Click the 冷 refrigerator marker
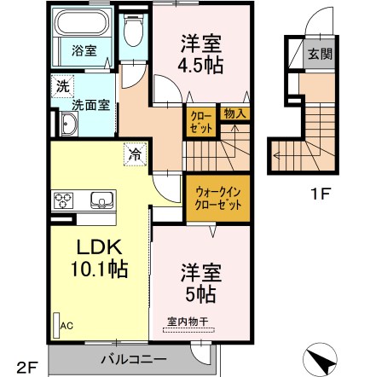pos(136,154)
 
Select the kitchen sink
pos(101,201)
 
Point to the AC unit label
pos(66,325)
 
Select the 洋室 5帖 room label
pos(200,282)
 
